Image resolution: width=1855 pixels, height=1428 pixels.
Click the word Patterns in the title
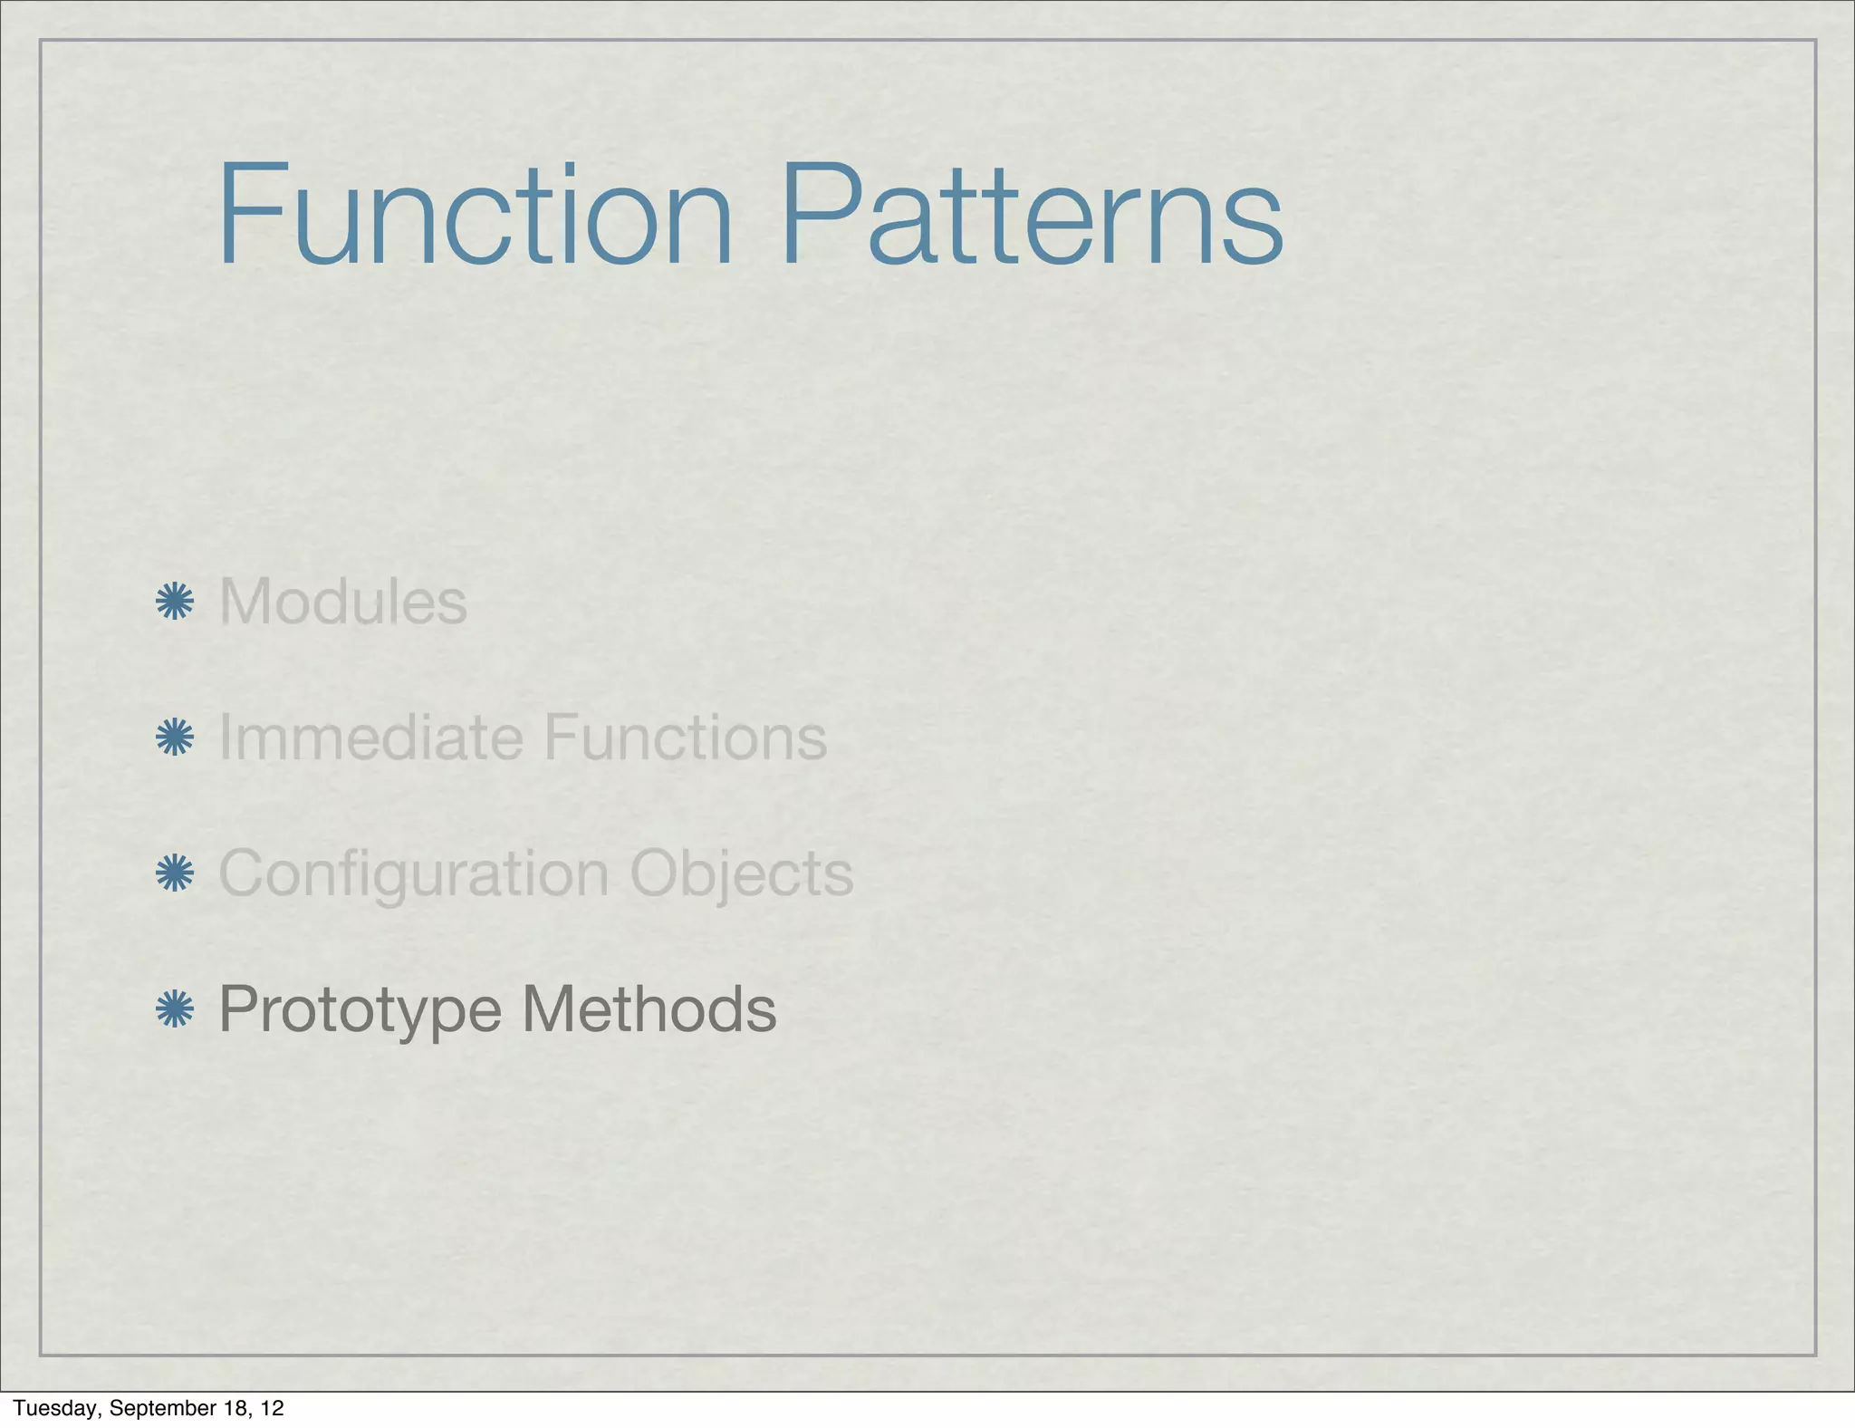coord(1032,215)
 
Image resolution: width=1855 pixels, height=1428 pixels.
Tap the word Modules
coord(343,602)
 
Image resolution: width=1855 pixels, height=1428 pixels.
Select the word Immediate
coord(371,737)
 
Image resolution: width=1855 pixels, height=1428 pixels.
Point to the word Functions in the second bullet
coord(685,737)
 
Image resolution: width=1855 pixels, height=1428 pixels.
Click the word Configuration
coord(414,874)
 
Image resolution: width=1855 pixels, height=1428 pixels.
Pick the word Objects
coord(741,874)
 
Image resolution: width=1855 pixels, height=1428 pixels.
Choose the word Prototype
coord(360,1010)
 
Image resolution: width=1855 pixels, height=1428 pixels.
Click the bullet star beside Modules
coord(174,603)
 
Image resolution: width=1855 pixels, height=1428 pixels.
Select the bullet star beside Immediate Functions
coord(174,738)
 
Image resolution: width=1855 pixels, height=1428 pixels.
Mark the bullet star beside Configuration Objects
coord(174,873)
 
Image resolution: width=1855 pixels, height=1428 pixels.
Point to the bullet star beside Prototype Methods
coord(174,1009)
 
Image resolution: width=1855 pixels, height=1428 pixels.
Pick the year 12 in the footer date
coord(272,1408)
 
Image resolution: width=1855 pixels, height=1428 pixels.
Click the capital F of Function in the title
coord(245,215)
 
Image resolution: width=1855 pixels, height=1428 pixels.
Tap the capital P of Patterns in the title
coord(818,215)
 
